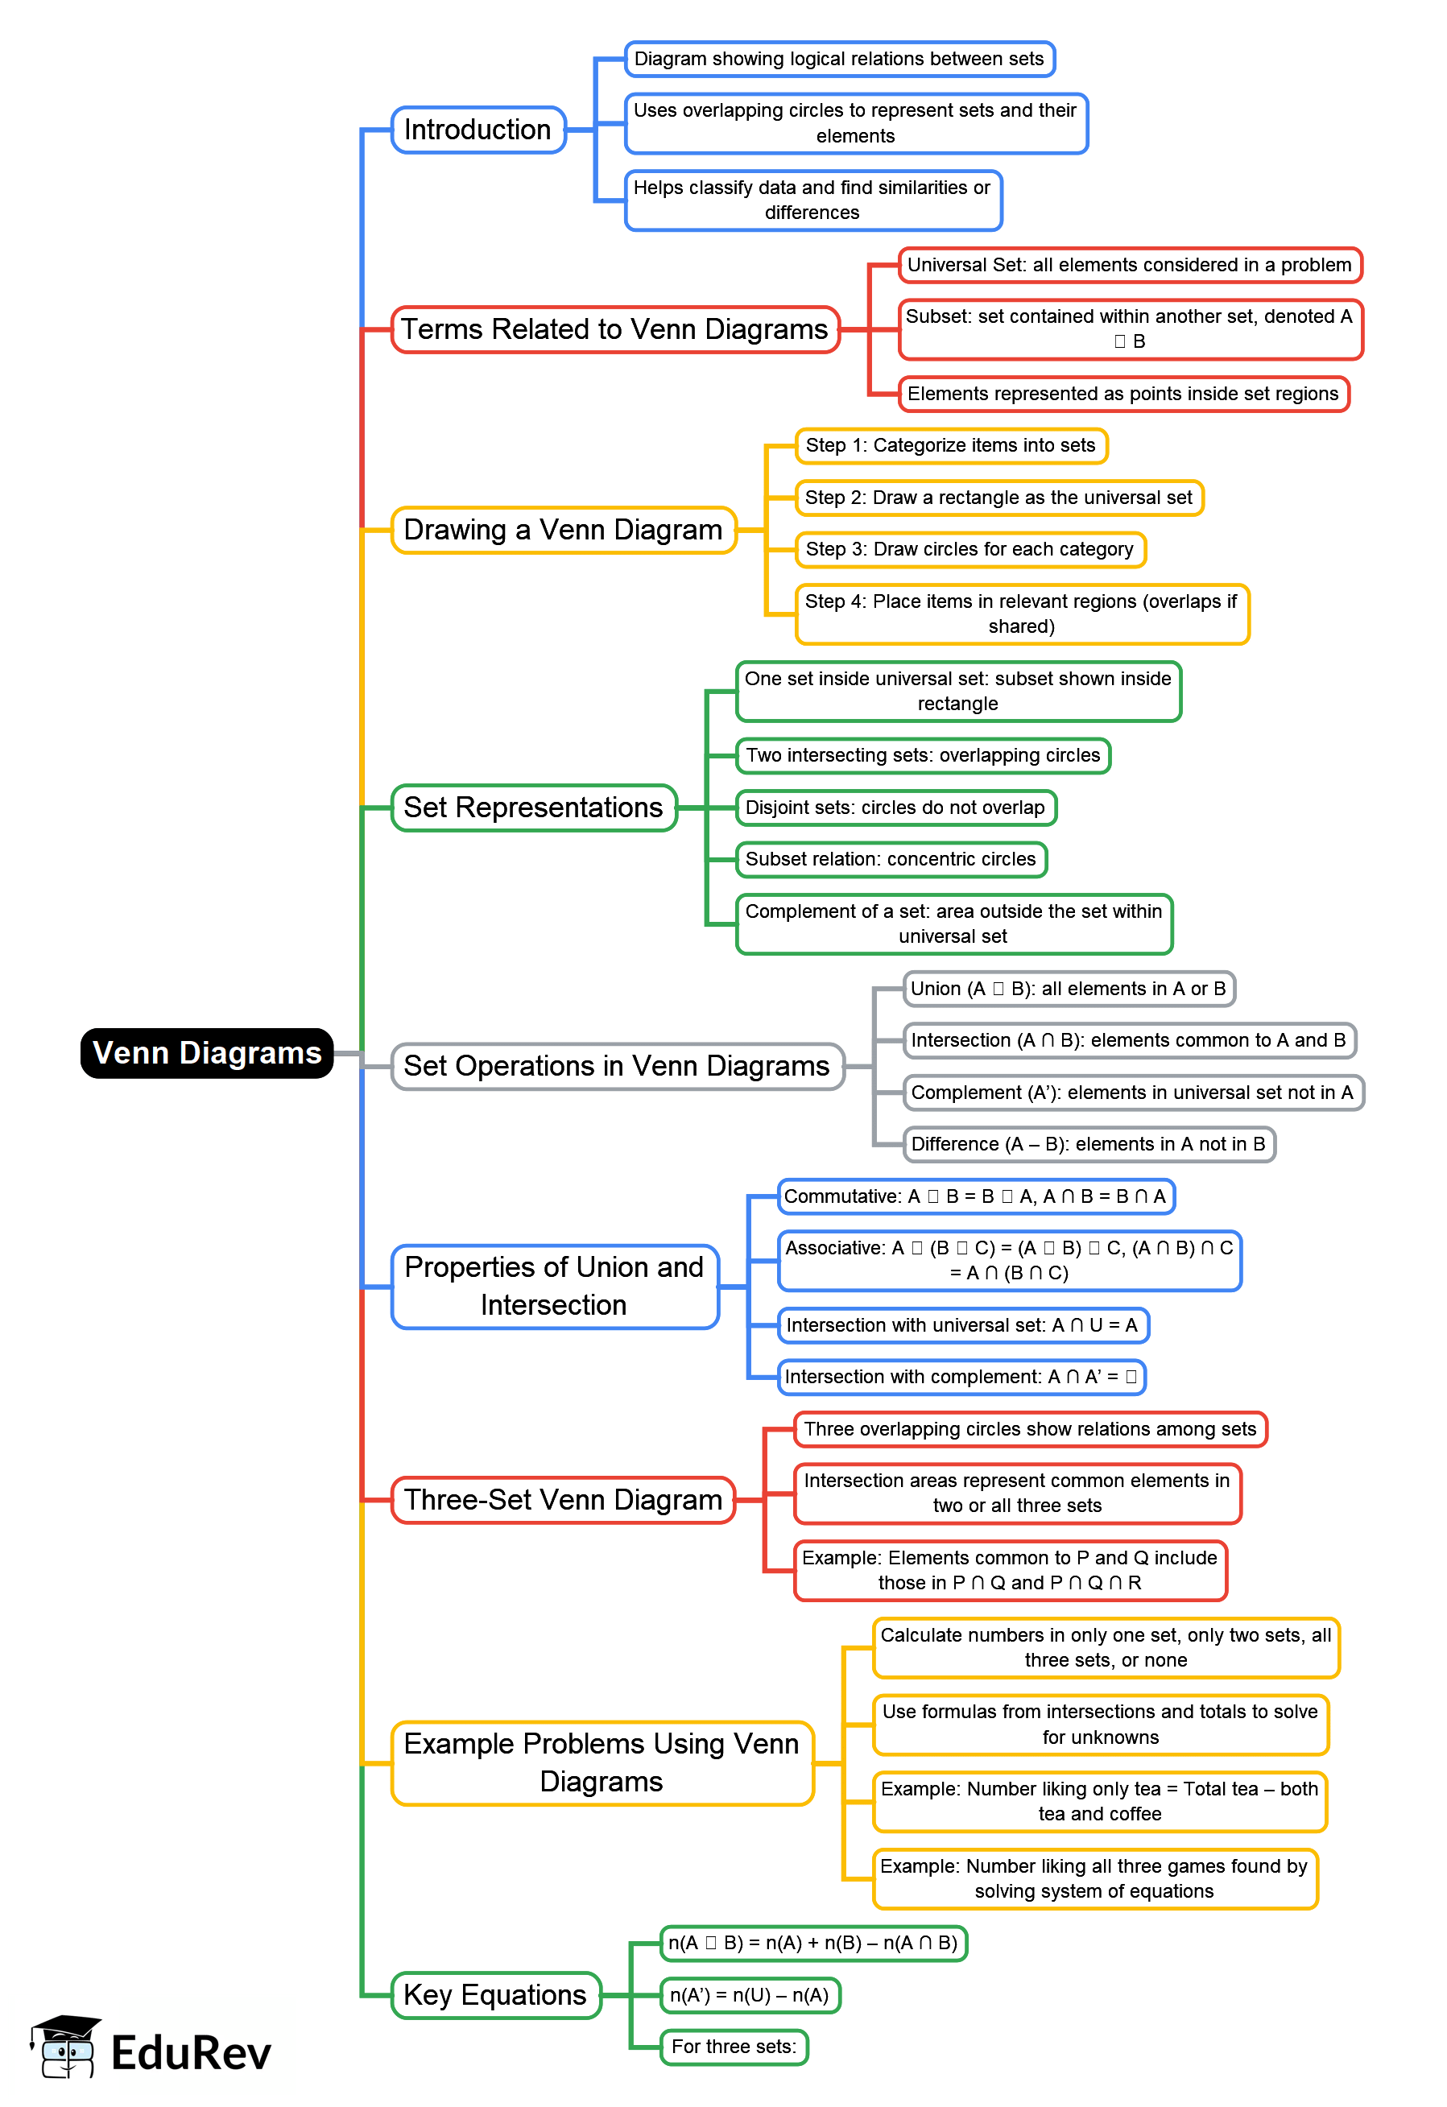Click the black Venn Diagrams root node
(207, 1052)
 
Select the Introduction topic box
(478, 130)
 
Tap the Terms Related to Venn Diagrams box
(614, 329)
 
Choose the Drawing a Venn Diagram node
(563, 530)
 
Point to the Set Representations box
(533, 807)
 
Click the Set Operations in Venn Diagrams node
(617, 1066)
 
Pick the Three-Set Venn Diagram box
(563, 1500)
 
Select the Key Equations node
(495, 1994)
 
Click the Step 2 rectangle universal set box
(998, 498)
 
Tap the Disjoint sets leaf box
(895, 808)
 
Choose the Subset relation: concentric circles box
(891, 860)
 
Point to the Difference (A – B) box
(1088, 1144)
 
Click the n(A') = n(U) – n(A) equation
(750, 1995)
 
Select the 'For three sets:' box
(734, 2047)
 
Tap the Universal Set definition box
(1129, 265)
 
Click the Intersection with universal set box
(962, 1325)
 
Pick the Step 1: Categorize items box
(950, 445)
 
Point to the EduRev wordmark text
(192, 2054)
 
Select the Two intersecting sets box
(922, 755)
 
